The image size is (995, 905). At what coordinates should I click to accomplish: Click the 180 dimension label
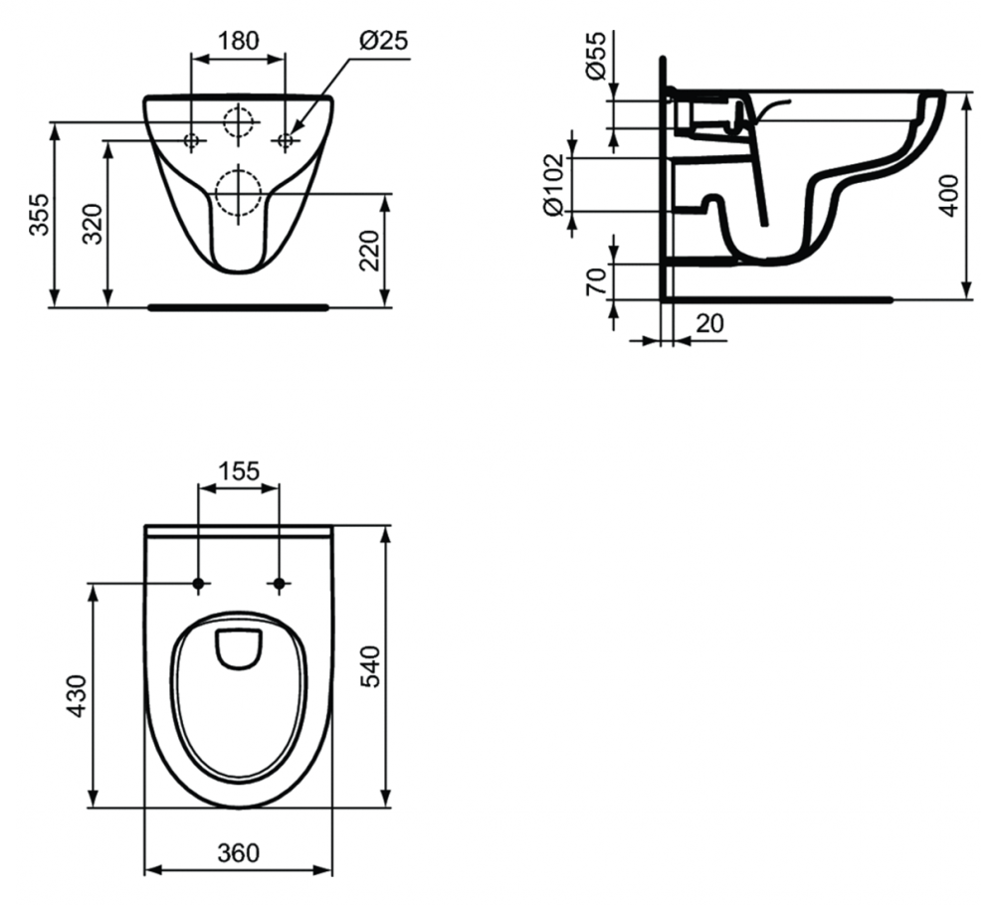239,41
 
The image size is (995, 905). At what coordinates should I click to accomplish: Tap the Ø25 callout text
383,41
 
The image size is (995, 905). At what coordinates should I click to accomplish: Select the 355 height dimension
40,215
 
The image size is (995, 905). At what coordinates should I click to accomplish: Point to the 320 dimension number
94,224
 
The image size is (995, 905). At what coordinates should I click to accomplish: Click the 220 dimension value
369,250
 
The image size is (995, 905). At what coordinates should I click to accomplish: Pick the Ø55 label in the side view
596,56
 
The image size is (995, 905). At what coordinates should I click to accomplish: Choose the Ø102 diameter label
554,185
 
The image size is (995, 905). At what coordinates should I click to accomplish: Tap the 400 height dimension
949,195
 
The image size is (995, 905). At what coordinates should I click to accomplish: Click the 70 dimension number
596,281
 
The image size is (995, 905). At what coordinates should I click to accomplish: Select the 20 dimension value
709,324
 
